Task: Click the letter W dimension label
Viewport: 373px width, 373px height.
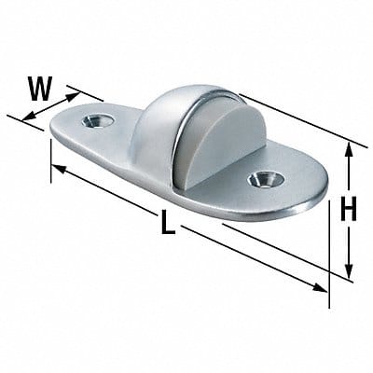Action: (38, 88)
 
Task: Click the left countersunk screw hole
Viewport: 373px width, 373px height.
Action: (96, 120)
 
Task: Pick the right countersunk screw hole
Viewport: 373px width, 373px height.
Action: (262, 178)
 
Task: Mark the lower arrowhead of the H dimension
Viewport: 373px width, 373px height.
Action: (350, 274)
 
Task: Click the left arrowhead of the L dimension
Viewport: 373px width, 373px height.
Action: (56, 169)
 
